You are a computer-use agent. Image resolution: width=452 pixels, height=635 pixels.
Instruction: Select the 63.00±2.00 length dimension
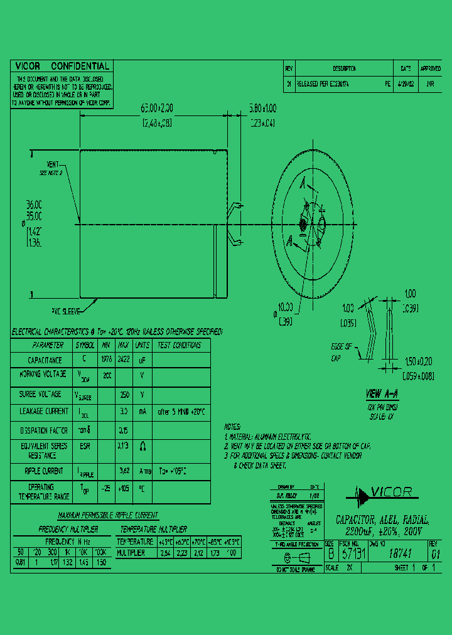153,109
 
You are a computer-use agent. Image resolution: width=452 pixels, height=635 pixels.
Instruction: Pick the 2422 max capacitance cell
124,360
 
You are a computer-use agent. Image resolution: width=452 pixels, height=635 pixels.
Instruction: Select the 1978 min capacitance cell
106,360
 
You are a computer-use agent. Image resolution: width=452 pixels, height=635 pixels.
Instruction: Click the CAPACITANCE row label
45,360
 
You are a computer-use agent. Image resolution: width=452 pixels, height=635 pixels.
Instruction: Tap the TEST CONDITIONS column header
180,345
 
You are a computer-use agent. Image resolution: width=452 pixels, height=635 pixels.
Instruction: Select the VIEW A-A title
382,394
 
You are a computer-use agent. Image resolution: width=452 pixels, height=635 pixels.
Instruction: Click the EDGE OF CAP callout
343,352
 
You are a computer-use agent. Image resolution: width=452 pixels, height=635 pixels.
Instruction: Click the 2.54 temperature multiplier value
166,553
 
